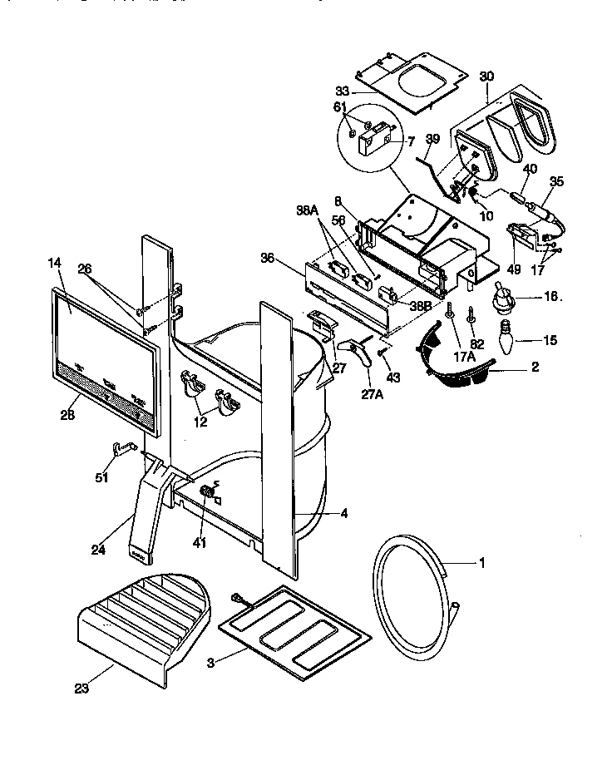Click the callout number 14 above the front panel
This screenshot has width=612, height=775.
[x=55, y=264]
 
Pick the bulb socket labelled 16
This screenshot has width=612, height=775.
[x=503, y=296]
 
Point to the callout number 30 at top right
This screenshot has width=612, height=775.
[x=486, y=76]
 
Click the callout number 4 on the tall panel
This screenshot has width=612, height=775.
[x=344, y=513]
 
